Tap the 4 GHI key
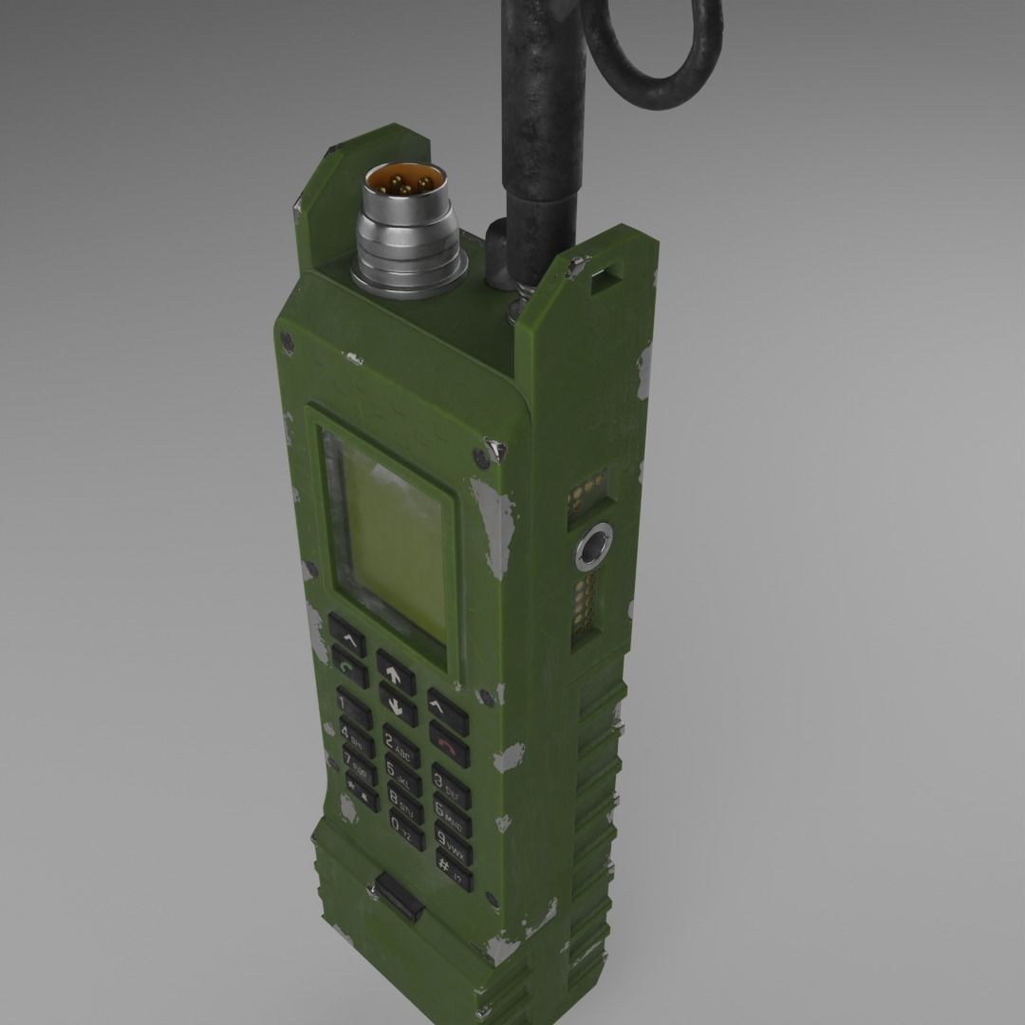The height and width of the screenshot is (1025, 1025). pos(357,736)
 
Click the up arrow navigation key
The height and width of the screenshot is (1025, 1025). pos(396,672)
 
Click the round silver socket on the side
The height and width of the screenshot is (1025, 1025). pos(594,547)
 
